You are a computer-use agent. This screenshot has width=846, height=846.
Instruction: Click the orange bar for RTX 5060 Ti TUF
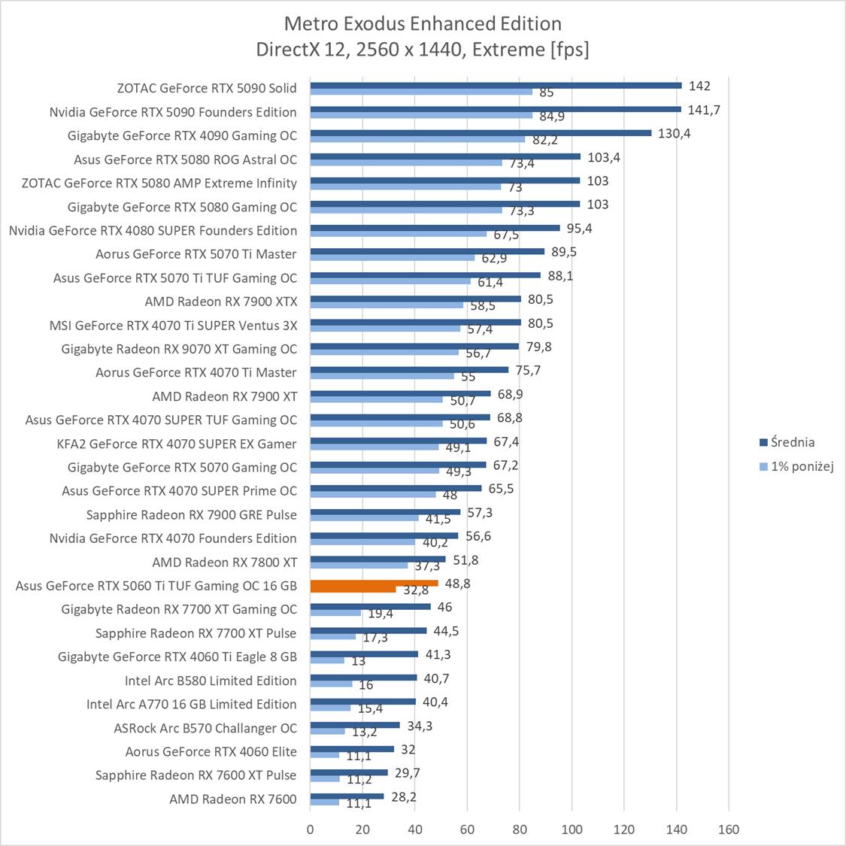pos(374,583)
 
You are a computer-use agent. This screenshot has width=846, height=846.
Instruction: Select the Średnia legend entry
pos(791,442)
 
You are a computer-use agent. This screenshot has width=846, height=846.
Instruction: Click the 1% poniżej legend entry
pos(802,466)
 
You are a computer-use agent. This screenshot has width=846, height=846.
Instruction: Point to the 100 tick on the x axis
pos(572,829)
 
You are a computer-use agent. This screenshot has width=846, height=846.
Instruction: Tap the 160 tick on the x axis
pos(729,829)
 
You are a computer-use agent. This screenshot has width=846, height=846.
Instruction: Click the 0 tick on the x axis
pos(310,829)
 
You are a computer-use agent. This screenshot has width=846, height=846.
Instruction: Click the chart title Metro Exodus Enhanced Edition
pos(423,23)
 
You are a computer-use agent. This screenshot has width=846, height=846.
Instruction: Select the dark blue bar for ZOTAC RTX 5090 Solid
pos(496,85)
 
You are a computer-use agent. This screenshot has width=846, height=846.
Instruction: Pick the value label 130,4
pos(675,133)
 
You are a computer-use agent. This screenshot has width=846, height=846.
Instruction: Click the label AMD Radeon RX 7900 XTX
pos(221,302)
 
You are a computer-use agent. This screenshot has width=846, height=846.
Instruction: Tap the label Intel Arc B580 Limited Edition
pos(211,681)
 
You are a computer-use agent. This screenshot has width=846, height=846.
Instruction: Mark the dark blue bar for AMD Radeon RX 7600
pos(347,796)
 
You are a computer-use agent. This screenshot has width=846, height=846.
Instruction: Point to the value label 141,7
pos(704,110)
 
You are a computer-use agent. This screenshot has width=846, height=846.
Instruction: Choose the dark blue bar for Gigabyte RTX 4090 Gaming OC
pos(481,132)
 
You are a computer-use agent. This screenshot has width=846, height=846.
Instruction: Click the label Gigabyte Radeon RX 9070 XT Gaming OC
pos(179,349)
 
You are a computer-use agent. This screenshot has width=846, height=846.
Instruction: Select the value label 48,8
pos(458,583)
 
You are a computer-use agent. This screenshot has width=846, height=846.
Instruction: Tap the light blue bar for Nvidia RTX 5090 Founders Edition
pos(421,115)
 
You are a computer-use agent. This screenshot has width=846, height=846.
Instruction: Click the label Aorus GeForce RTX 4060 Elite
pos(211,751)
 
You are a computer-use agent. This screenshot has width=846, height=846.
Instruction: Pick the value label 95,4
pos(580,228)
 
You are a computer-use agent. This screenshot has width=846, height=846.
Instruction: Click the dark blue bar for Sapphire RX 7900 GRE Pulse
pos(385,511)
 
